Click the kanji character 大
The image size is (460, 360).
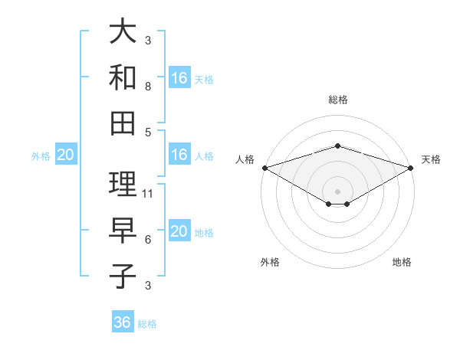click(123, 33)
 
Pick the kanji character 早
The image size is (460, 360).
click(123, 231)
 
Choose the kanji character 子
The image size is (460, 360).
click(123, 275)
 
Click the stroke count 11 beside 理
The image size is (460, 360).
click(149, 193)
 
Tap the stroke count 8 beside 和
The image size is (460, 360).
click(148, 86)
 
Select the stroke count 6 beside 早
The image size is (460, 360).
click(148, 240)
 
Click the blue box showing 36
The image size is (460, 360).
click(123, 322)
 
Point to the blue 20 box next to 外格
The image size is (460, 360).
click(66, 155)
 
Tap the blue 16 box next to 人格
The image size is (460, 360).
click(179, 155)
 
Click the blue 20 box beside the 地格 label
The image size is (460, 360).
click(179, 232)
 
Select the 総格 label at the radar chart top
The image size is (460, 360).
click(337, 100)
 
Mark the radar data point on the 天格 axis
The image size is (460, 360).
click(411, 167)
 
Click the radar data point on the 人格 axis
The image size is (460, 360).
click(264, 167)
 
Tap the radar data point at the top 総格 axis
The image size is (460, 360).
click(337, 146)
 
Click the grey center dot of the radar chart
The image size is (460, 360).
click(337, 191)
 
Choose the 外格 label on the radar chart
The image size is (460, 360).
click(270, 262)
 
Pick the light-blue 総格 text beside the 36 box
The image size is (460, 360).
click(147, 324)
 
